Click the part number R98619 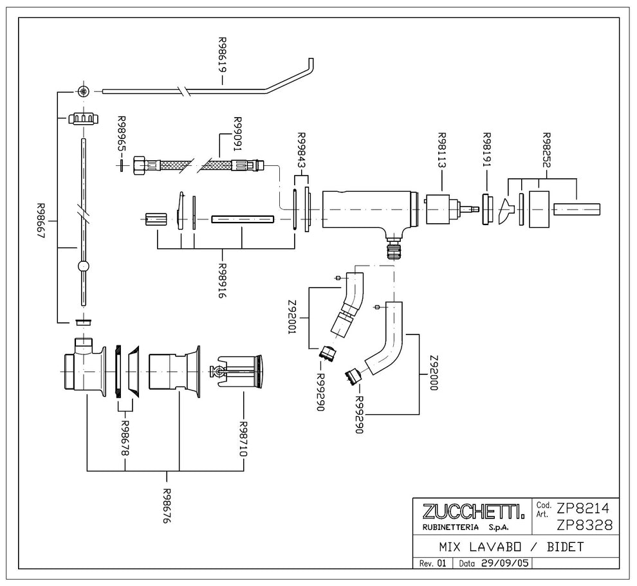(x=222, y=55)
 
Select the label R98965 (x=122, y=134)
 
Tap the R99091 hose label (x=237, y=134)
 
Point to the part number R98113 (x=441, y=151)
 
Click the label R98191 (x=486, y=150)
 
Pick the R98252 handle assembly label (x=546, y=150)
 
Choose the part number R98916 (x=222, y=280)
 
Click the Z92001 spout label (x=291, y=317)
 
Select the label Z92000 (x=434, y=373)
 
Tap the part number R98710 (x=243, y=439)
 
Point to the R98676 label (x=167, y=506)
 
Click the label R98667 (x=41, y=221)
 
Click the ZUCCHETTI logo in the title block (x=474, y=512)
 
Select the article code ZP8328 (x=584, y=526)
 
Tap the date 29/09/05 (x=505, y=563)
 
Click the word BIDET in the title (x=565, y=547)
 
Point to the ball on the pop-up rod (x=83, y=266)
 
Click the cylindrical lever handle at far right (x=577, y=209)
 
